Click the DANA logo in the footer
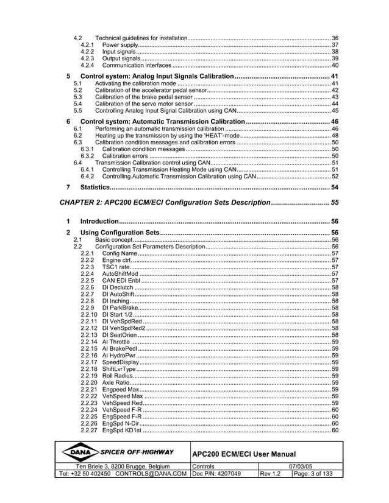coord(79,452)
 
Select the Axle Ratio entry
coord(115,382)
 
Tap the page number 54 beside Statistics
coord(334,186)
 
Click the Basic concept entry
coord(113,240)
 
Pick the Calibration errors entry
coord(124,156)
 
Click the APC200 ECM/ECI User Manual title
coord(243,454)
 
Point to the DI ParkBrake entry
coord(120,308)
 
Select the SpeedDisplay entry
coord(120,362)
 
